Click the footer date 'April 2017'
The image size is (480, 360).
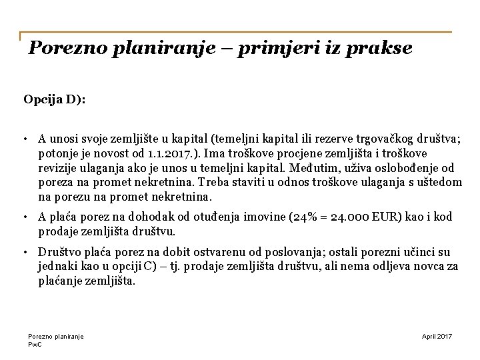click(437, 337)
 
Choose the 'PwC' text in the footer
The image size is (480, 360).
click(35, 344)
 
